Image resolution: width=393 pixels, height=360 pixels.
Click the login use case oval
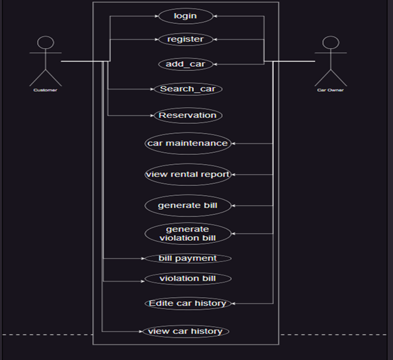pyautogui.click(x=185, y=16)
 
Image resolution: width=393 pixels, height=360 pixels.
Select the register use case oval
pyautogui.click(x=185, y=39)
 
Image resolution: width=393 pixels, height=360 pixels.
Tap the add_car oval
pyautogui.click(x=185, y=64)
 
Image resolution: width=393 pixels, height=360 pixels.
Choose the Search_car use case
pyautogui.click(x=187, y=89)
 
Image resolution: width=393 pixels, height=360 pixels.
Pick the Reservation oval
pyautogui.click(x=187, y=115)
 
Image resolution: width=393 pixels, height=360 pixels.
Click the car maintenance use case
pyautogui.click(x=187, y=143)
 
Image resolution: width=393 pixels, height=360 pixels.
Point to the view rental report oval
pyautogui.click(x=187, y=175)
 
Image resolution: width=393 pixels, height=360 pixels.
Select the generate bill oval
pyautogui.click(x=187, y=205)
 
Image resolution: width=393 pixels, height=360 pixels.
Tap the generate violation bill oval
pyautogui.click(x=187, y=234)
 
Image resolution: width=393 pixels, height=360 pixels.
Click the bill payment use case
pyautogui.click(x=187, y=258)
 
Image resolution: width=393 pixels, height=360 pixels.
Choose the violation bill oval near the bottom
pyautogui.click(x=187, y=279)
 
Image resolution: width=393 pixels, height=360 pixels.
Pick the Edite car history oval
pyautogui.click(x=187, y=303)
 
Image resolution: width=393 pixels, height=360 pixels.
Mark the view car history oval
pyautogui.click(x=185, y=331)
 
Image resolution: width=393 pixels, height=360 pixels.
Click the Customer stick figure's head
pyautogui.click(x=45, y=43)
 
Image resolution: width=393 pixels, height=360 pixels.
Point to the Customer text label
pyautogui.click(x=45, y=90)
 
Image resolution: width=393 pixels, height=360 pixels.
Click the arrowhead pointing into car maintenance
pyautogui.click(x=234, y=143)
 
